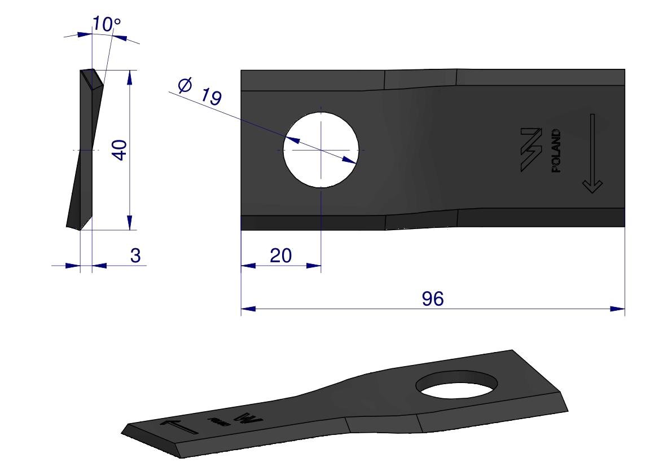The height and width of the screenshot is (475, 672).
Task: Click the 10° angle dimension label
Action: [x=106, y=24]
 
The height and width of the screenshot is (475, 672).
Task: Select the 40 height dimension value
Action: [x=120, y=150]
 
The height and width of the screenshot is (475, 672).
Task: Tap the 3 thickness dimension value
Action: [x=135, y=256]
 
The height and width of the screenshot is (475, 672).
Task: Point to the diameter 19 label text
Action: [x=200, y=91]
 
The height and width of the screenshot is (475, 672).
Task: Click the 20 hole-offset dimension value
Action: [x=281, y=256]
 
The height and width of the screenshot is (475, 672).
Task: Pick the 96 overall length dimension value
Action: [x=432, y=298]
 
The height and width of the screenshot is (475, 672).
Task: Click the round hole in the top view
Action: [x=320, y=150]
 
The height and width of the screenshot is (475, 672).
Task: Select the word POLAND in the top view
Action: [x=556, y=151]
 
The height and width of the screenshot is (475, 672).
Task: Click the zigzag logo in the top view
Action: [x=531, y=150]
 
